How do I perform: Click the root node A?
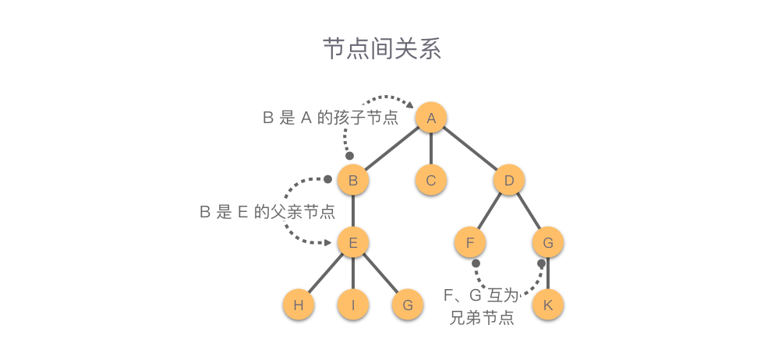pyautogui.click(x=431, y=118)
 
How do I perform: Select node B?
pyautogui.click(x=353, y=181)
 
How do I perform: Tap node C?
pyautogui.click(x=431, y=181)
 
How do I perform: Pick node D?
pyautogui.click(x=509, y=181)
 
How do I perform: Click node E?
pyautogui.click(x=353, y=243)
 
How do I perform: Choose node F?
pyautogui.click(x=470, y=243)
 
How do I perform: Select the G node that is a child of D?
pyautogui.click(x=548, y=243)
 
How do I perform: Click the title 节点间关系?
pyautogui.click(x=382, y=48)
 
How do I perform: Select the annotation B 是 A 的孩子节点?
pyautogui.click(x=330, y=118)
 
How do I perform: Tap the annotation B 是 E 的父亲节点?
pyautogui.click(x=267, y=211)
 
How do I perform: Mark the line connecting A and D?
pyautogui.click(x=470, y=149)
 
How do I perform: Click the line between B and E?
pyautogui.click(x=353, y=212)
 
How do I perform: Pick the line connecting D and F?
pyautogui.click(x=490, y=212)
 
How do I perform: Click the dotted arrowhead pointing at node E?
pyautogui.click(x=330, y=243)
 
